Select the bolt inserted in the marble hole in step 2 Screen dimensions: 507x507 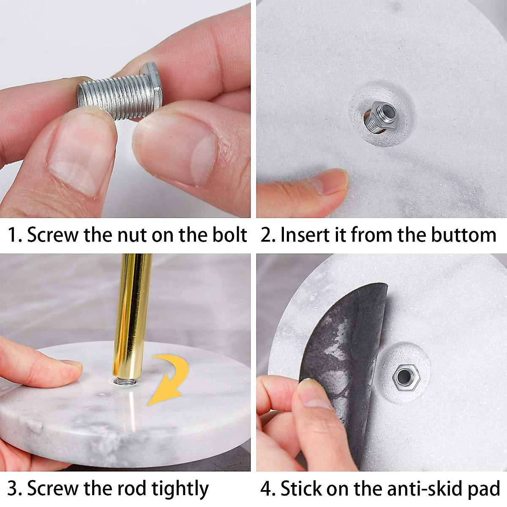click(x=379, y=117)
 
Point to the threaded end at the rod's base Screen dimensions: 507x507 click(x=126, y=381)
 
